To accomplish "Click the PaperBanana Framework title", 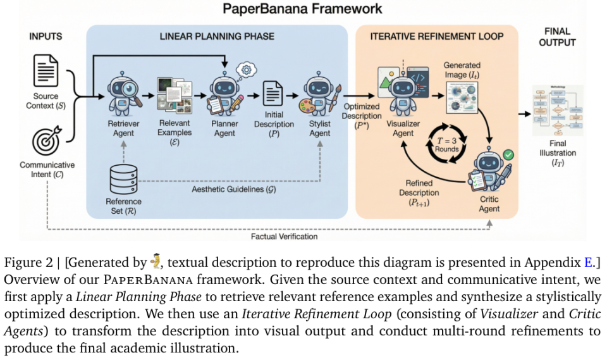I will click(x=302, y=9).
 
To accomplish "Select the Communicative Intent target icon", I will click(x=45, y=140).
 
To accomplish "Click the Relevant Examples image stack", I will click(x=171, y=94).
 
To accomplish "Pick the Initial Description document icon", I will click(x=273, y=95).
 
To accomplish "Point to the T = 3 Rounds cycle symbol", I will click(x=448, y=139).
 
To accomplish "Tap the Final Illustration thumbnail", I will click(x=557, y=110).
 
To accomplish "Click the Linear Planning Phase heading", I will click(x=217, y=37).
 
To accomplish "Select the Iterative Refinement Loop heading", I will click(x=437, y=37).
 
